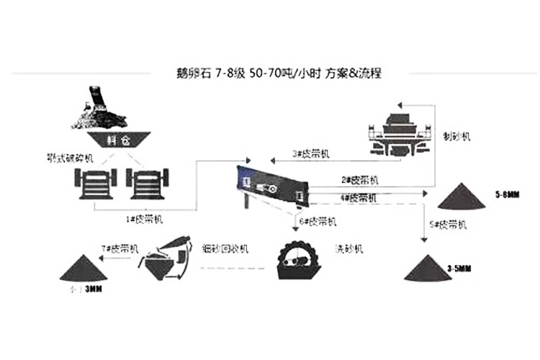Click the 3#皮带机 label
(310, 153)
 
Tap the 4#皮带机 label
(359, 197)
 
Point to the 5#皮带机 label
(448, 225)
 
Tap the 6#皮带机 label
(318, 220)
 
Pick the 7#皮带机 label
(120, 247)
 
